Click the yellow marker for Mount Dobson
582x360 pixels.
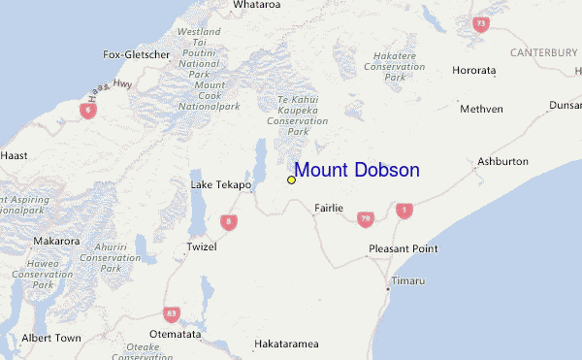(x=291, y=180)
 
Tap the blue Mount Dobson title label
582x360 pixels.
(x=357, y=170)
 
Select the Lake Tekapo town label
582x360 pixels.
(x=220, y=184)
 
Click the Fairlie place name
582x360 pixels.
(x=330, y=208)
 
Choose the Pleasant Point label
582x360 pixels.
(x=403, y=249)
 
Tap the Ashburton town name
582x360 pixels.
(x=502, y=161)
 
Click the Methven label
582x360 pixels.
(x=482, y=109)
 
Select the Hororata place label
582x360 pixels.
(x=473, y=71)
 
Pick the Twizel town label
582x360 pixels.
(x=201, y=246)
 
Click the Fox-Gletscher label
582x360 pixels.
(x=136, y=54)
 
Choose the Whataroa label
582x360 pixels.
(x=257, y=6)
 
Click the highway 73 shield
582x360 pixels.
(x=480, y=23)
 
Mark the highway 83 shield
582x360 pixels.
(x=172, y=313)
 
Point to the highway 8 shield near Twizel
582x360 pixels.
(x=229, y=222)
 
